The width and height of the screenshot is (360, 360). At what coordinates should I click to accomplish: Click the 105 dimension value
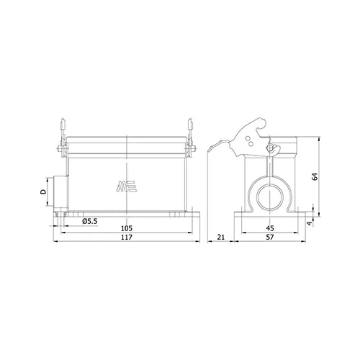tap(127, 228)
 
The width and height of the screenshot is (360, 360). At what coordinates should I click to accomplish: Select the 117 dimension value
tap(127, 237)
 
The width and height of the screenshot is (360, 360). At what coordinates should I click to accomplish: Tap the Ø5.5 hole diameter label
tap(90, 221)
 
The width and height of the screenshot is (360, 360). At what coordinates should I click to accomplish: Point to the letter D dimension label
tap(43, 192)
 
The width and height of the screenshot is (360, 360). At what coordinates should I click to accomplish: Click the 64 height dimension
tap(315, 176)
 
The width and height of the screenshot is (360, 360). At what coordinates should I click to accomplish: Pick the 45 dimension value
tap(270, 228)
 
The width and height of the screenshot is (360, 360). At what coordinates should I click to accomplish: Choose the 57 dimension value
tap(270, 237)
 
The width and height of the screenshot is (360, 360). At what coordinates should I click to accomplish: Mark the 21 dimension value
tap(220, 237)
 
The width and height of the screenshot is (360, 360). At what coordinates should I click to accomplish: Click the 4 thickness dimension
tap(310, 223)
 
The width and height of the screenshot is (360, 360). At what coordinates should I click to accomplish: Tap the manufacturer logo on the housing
tap(127, 186)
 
